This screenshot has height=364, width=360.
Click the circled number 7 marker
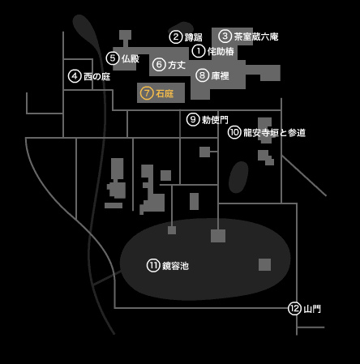coord(147,93)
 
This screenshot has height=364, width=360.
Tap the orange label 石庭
coord(165,93)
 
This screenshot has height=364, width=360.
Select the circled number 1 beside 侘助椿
coord(199,51)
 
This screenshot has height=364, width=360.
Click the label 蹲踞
coord(193,37)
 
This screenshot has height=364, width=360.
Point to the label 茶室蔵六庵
coord(256,36)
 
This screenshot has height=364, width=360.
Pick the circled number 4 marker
coord(75,76)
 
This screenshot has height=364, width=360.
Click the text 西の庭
coord(96,76)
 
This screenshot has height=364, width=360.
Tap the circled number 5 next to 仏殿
coord(113,58)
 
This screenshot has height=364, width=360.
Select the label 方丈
coord(177,65)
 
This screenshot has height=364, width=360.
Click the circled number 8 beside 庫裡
coord(202,75)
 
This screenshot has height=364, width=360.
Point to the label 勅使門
coord(215,120)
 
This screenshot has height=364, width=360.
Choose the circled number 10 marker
coord(234,132)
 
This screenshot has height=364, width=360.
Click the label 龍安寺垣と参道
coord(274,133)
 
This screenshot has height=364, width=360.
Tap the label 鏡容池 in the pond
coord(175,266)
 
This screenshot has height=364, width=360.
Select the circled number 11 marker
coord(153,265)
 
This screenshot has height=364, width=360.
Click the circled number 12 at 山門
coord(294,308)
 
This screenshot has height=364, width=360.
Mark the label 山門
coord(312,309)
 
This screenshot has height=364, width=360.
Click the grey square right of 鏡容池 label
coord(264,264)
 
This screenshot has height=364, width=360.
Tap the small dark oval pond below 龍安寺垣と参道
coord(238,177)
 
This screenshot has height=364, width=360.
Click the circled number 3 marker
coord(225,36)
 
